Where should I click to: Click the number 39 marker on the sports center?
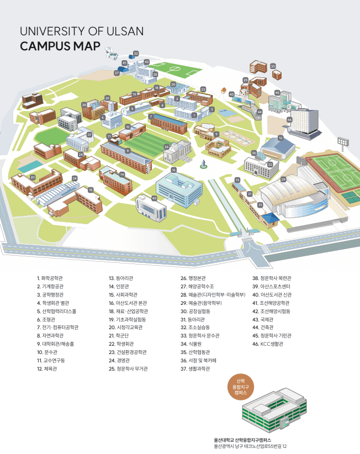[283, 180]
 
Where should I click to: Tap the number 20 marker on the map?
[33, 177]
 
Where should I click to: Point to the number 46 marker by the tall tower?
[289, 119]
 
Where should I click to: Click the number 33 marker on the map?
[273, 66]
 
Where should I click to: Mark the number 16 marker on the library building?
[173, 170]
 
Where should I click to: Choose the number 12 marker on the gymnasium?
[280, 138]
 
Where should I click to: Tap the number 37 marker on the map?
[89, 134]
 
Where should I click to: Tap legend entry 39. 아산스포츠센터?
[275, 287]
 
